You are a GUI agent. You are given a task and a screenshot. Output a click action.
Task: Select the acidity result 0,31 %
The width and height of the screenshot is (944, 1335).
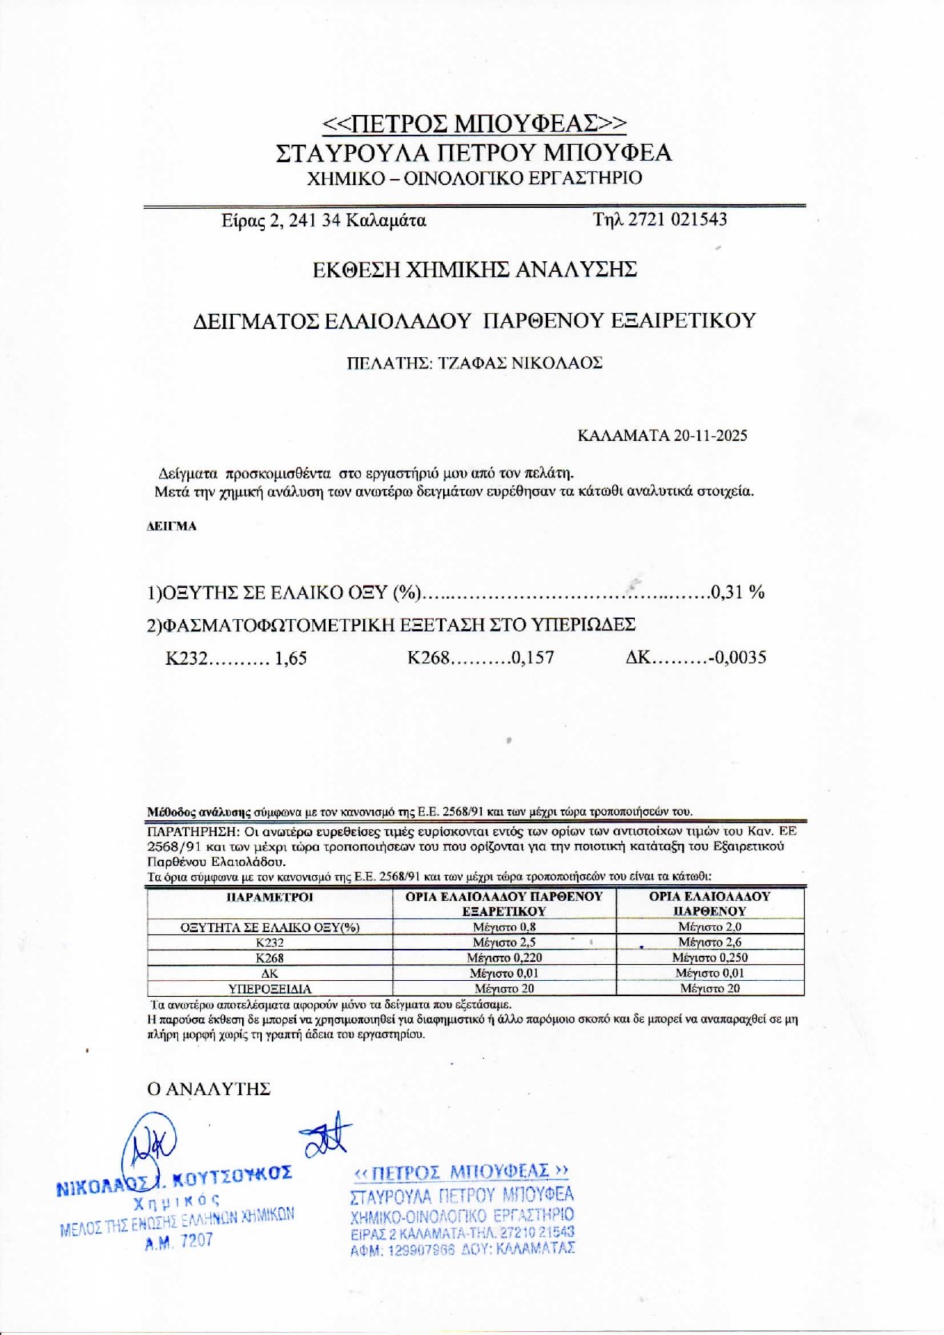coord(737,592)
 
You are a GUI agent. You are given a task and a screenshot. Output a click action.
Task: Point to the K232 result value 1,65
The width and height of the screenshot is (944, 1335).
coord(291,659)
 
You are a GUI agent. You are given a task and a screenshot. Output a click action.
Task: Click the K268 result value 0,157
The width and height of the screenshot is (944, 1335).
coord(533,658)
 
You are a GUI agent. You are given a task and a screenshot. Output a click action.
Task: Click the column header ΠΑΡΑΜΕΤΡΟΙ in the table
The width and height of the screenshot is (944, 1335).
coord(269,897)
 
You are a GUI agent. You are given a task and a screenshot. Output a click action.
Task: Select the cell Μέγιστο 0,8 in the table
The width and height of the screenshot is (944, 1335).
coord(504,928)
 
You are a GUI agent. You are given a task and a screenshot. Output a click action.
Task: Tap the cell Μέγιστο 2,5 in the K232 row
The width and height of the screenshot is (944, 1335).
coord(504,943)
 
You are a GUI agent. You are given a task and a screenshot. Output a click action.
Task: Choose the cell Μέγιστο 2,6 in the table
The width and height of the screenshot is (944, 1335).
coord(710,943)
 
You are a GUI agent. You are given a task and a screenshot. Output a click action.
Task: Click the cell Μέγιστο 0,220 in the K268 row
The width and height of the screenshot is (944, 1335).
coord(504,958)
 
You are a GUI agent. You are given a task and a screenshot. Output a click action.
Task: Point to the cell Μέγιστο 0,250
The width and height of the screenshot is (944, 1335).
coord(710,958)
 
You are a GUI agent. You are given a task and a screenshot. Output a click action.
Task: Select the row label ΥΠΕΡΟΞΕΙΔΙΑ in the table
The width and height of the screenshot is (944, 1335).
coord(269,989)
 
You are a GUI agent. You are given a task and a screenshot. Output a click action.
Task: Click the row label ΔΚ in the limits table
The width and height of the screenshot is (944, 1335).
coord(269,974)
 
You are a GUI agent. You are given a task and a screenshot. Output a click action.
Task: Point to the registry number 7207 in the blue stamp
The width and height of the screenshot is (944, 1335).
coord(196,1241)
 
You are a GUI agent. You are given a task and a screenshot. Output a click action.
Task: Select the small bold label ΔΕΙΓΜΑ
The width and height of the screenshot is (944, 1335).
coord(171,526)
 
